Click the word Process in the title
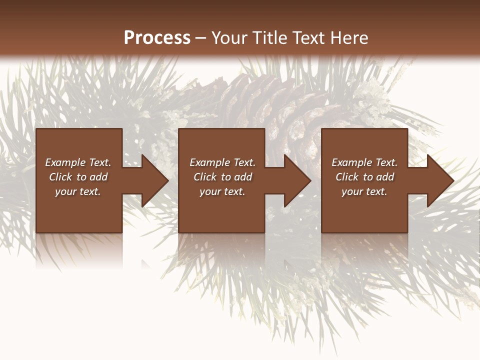(157, 38)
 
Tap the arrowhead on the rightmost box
(438, 180)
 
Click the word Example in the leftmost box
(65, 162)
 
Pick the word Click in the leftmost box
(61, 177)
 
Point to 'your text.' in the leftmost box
(78, 191)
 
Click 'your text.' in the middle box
(222, 191)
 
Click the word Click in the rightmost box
(347, 177)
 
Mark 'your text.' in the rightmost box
(364, 191)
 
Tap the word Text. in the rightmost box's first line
(386, 162)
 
